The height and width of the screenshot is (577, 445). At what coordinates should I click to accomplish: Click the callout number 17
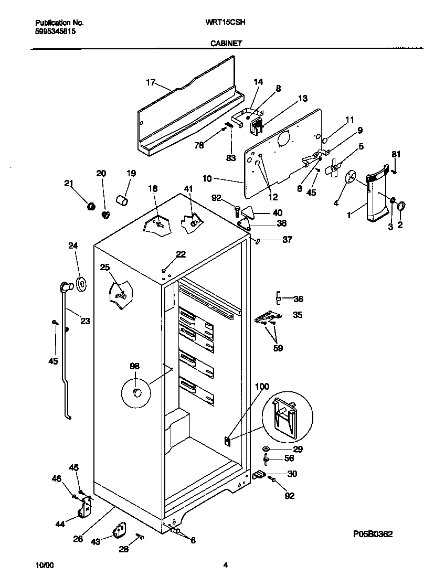click(x=151, y=82)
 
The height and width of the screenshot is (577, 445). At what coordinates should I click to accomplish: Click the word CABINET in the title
click(x=226, y=44)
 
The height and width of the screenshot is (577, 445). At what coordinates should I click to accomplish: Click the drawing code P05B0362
click(x=373, y=533)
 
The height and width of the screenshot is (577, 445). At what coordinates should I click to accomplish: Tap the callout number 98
click(x=135, y=366)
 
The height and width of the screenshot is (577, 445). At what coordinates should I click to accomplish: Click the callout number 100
click(x=262, y=387)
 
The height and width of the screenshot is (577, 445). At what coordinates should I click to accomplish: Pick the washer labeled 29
click(x=266, y=450)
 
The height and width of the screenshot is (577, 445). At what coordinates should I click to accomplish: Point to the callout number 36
click(x=298, y=300)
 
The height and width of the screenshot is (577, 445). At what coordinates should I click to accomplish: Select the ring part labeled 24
click(x=81, y=284)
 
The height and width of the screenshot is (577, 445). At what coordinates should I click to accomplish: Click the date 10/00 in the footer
click(x=44, y=565)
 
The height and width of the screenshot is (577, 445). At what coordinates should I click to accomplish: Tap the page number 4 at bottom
click(x=225, y=565)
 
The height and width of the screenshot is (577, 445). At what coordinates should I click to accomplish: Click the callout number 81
click(x=396, y=154)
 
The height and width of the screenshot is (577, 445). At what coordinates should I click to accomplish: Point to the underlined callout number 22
click(x=181, y=254)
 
